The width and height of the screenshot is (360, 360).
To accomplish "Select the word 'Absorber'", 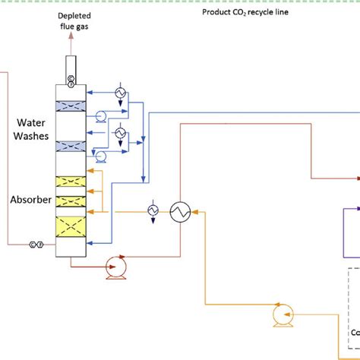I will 30,201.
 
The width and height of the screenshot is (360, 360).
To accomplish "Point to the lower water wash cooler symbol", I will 119,133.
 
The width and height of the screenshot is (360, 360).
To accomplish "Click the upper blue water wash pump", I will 99,116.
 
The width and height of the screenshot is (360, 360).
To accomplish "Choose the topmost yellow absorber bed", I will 72,183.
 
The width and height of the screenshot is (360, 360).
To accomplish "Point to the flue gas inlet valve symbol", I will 35,245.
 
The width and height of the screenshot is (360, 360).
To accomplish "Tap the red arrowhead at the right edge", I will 355,178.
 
